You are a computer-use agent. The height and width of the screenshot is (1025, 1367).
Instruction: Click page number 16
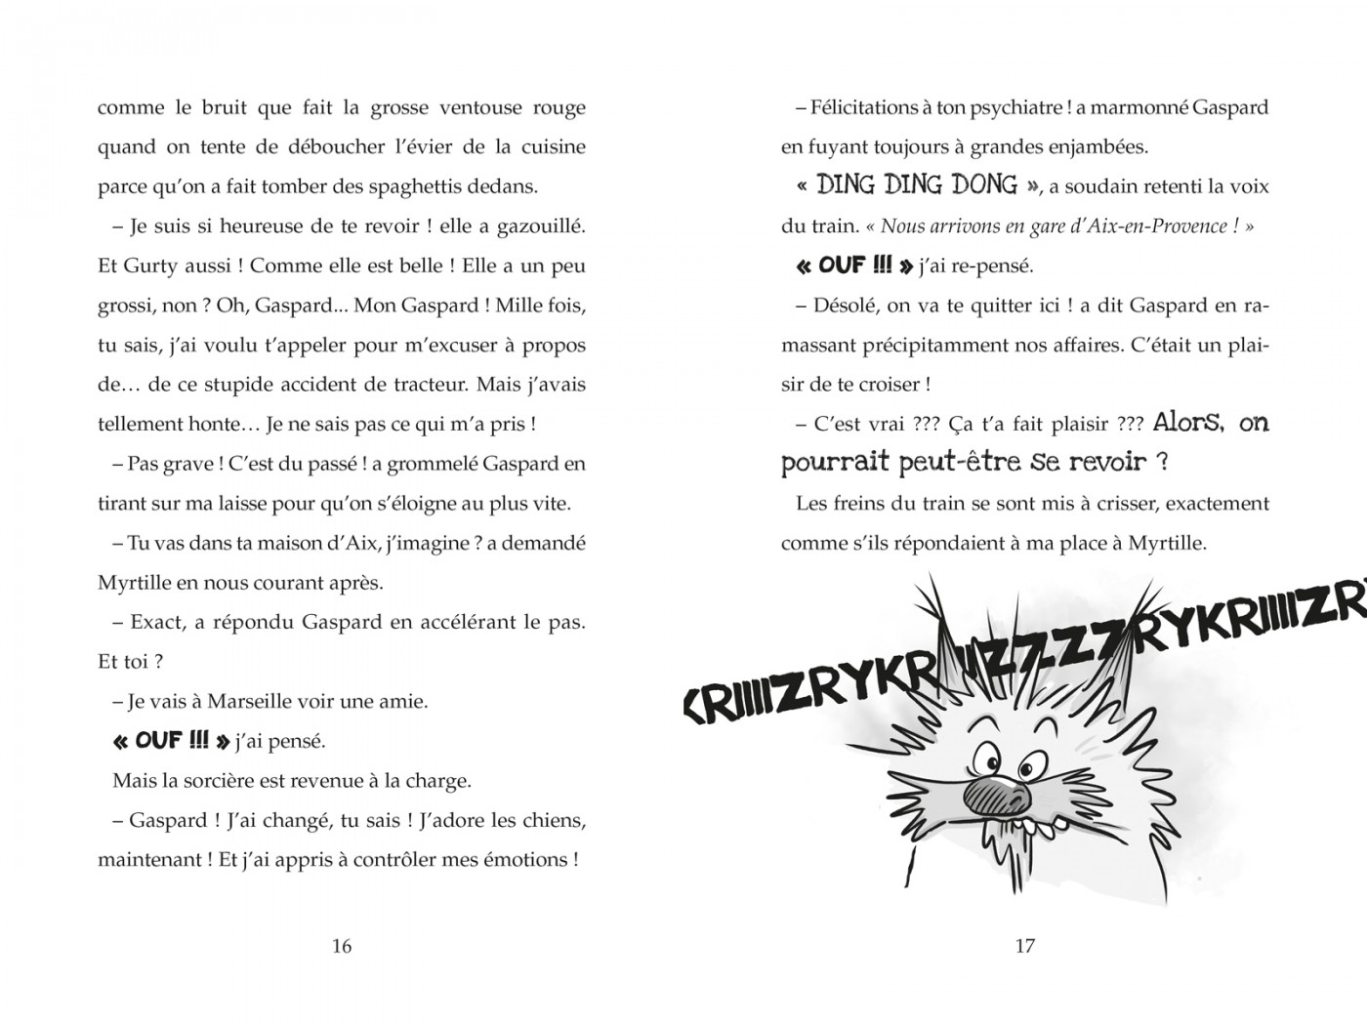341,945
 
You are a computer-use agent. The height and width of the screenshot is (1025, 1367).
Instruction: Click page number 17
1024,945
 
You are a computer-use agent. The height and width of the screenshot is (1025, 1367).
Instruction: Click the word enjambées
1092,147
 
